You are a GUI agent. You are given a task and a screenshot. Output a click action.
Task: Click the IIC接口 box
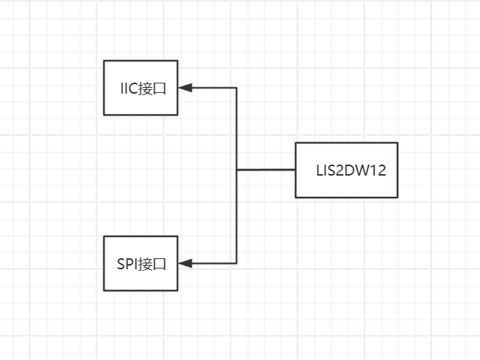140,88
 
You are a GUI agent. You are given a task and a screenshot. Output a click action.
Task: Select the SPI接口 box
140,263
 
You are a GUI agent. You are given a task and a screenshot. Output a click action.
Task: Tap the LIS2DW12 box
346,170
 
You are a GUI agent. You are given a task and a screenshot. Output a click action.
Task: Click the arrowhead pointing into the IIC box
184,88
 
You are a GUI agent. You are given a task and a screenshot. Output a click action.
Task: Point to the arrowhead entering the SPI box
184,263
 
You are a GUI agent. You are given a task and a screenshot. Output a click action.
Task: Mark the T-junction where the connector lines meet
237,170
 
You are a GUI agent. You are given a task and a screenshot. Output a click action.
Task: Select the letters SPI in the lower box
127,264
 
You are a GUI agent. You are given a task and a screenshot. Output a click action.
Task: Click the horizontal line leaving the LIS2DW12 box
266,170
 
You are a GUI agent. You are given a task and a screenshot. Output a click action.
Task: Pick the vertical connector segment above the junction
237,128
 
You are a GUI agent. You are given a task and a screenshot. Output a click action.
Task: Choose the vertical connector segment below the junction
237,217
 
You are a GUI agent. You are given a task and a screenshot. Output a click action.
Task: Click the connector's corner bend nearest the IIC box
237,88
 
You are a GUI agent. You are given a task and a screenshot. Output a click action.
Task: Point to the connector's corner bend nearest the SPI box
237,263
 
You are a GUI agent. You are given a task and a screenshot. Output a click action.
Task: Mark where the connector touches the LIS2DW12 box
296,170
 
